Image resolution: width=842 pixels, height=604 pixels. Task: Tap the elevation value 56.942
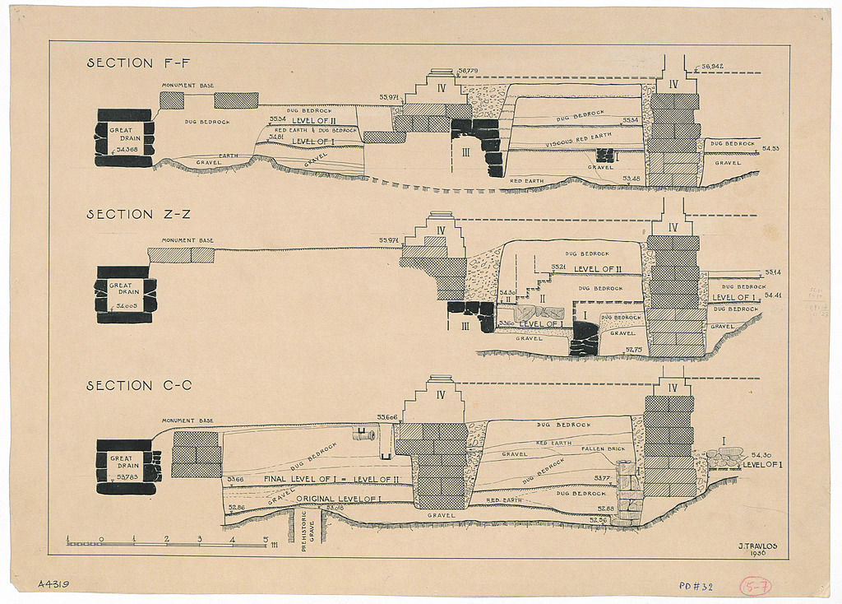tap(713, 66)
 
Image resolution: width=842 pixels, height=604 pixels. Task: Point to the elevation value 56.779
tap(470, 72)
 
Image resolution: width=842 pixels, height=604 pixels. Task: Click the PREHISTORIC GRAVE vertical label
tap(304, 530)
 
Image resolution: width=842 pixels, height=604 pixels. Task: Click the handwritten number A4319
tap(53, 584)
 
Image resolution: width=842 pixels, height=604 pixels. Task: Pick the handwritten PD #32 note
tap(696, 587)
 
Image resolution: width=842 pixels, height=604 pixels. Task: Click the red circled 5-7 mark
tap(755, 587)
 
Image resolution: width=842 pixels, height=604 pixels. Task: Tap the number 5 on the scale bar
tap(265, 540)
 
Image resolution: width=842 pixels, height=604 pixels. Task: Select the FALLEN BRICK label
tap(604, 448)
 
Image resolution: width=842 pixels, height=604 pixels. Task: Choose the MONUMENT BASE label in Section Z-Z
tap(187, 240)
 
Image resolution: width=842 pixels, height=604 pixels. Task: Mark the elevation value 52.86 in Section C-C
tap(236, 508)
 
